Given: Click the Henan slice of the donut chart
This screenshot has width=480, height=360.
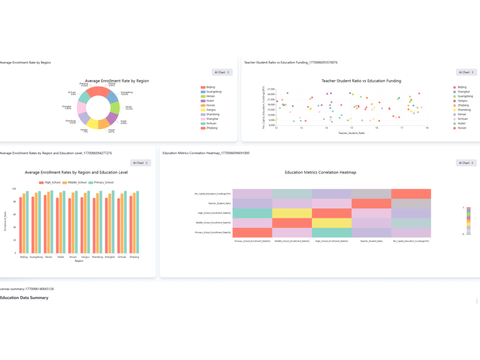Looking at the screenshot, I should (115, 108).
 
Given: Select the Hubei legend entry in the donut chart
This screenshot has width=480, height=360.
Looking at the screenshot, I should (210, 101).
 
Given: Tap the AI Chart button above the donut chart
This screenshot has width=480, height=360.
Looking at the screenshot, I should (222, 72).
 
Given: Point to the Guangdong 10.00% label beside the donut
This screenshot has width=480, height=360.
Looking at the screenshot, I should (127, 93).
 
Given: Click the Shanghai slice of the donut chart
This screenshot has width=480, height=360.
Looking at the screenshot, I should (82, 108).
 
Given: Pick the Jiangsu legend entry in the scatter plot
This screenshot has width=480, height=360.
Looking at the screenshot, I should (462, 101).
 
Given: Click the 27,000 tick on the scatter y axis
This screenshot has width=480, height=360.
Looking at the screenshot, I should (270, 89).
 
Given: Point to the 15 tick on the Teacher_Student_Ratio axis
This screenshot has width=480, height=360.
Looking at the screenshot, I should (352, 128).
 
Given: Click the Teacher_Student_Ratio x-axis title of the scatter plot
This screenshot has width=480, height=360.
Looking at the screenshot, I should (352, 133).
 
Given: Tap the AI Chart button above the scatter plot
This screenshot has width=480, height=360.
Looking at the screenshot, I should (466, 72).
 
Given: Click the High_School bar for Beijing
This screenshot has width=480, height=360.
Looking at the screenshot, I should (21, 225).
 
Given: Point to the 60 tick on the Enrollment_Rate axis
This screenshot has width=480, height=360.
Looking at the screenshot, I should (14, 214).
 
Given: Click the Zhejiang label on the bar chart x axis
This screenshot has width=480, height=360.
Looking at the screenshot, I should (134, 257).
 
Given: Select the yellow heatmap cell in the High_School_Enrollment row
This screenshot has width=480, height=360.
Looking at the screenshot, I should (292, 213).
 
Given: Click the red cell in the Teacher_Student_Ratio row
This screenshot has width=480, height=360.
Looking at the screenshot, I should (371, 204).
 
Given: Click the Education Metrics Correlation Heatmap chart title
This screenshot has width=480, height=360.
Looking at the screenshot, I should (320, 172).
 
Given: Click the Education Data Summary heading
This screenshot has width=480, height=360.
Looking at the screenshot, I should (24, 297).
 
